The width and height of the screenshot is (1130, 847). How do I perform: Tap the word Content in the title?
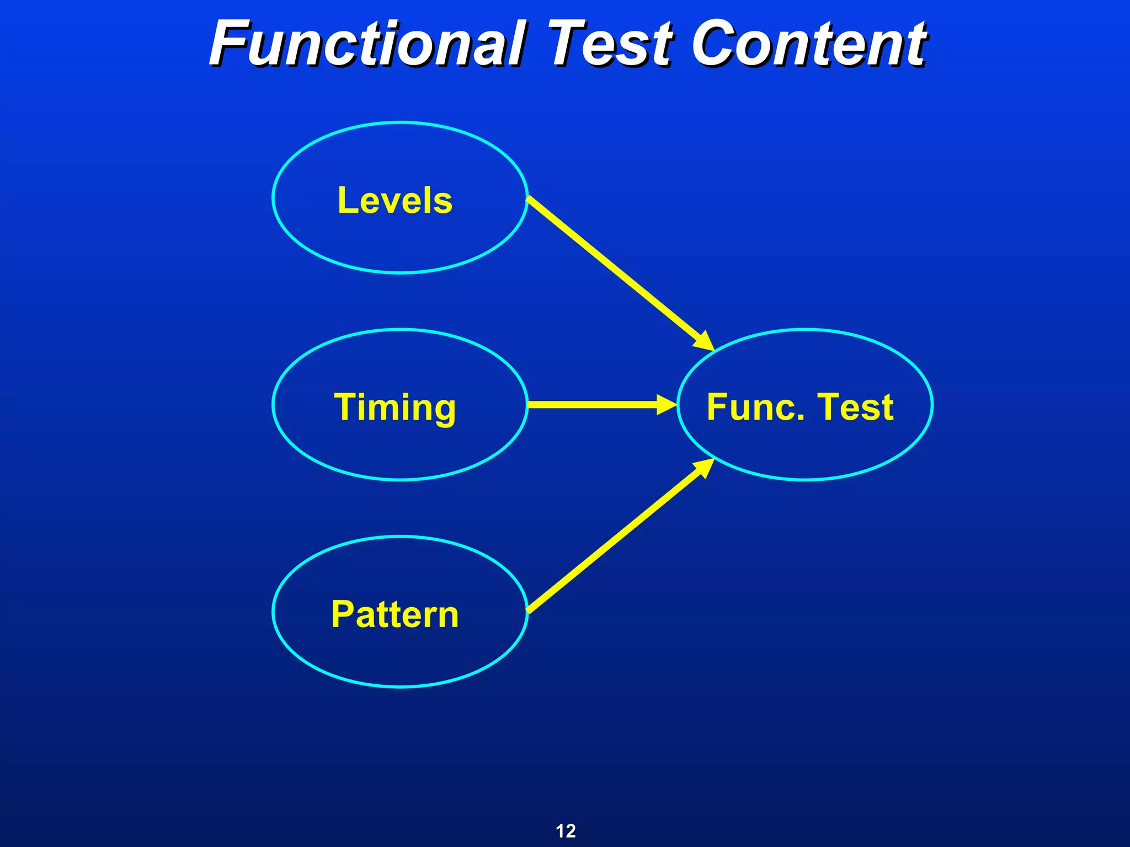click(x=809, y=44)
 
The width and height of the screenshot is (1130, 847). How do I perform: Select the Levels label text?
click(x=395, y=200)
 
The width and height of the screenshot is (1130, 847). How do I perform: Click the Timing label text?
click(x=395, y=408)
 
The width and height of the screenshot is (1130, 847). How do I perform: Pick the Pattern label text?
click(x=395, y=614)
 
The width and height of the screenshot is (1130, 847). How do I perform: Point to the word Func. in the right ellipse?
click(x=754, y=408)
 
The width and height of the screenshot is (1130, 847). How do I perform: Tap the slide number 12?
click(x=566, y=830)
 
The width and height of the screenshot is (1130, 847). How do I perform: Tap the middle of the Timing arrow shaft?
click(x=593, y=404)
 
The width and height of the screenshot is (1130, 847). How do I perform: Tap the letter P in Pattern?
click(x=342, y=614)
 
